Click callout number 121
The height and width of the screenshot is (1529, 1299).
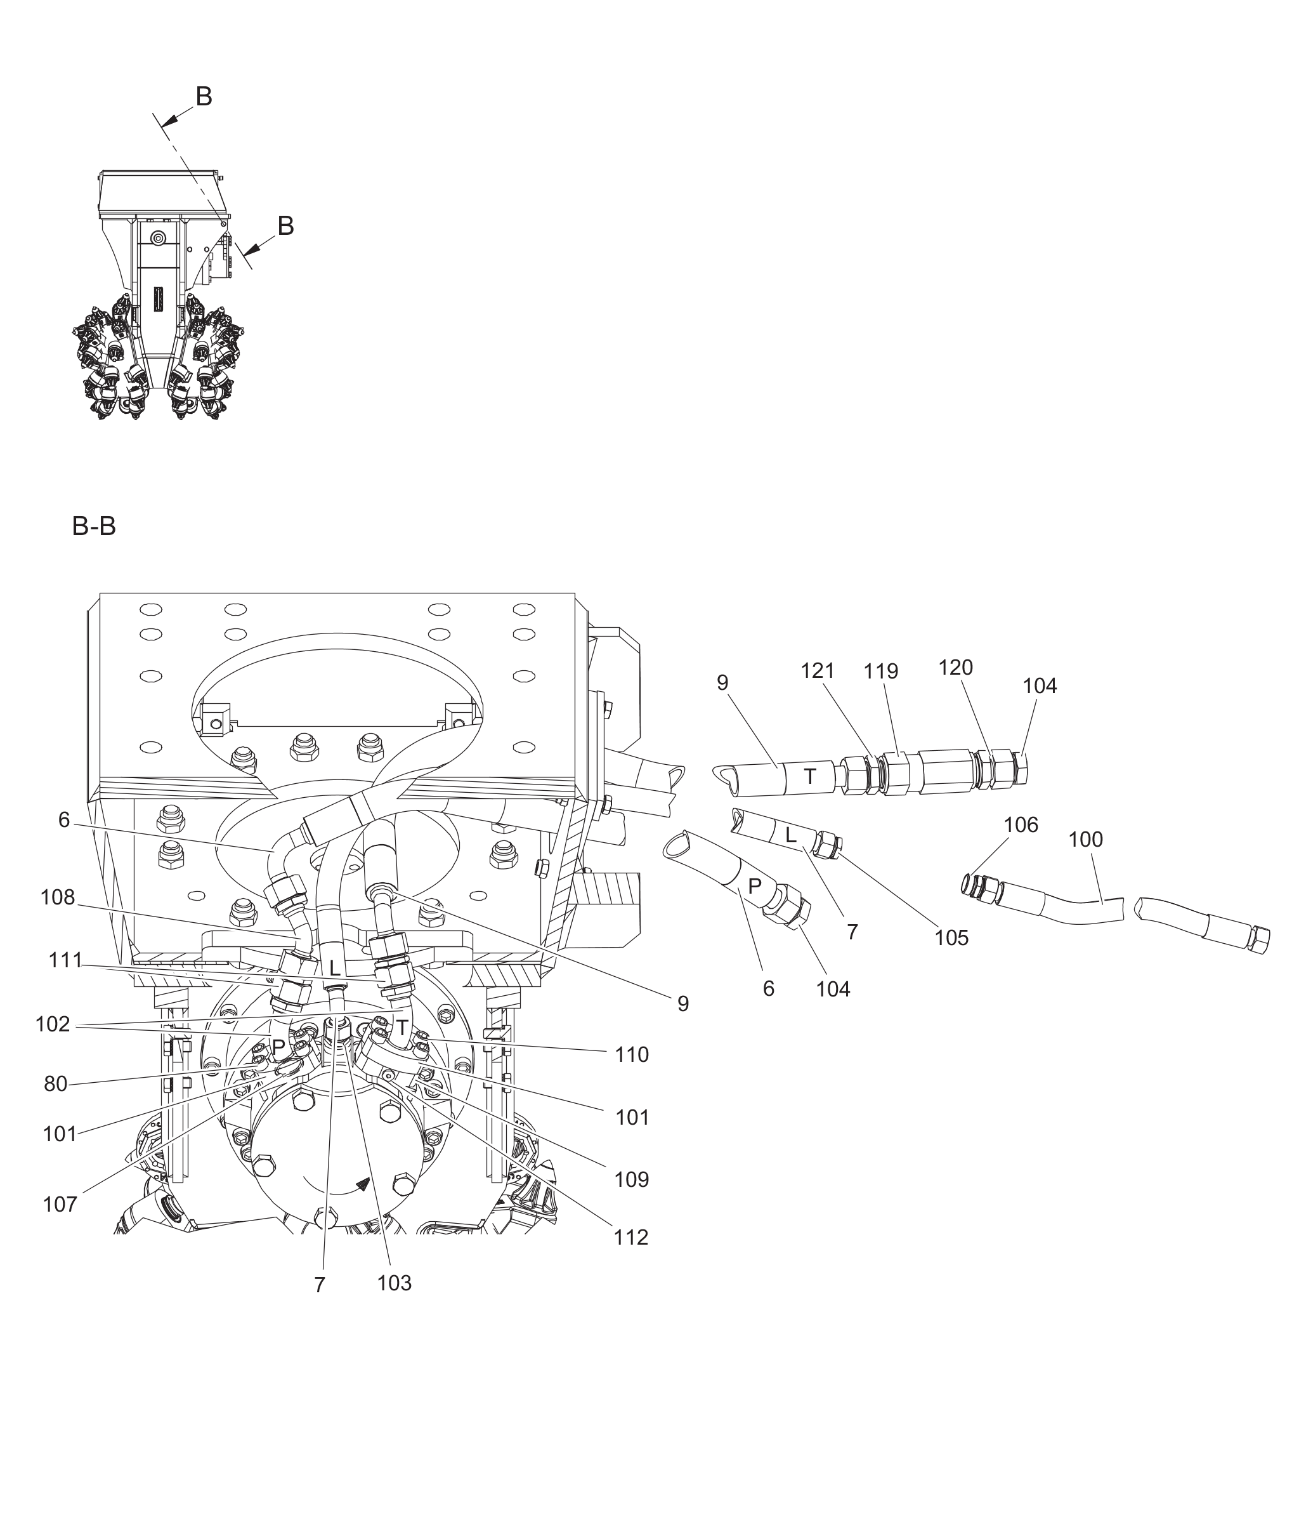[818, 672]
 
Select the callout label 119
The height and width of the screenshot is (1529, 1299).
[881, 672]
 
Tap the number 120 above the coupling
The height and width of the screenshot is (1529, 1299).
[955, 668]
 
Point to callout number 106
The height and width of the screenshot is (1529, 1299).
[1021, 825]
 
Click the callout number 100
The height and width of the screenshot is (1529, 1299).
[1085, 840]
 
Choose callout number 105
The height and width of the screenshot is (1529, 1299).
[951, 938]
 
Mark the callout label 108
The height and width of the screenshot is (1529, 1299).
[58, 897]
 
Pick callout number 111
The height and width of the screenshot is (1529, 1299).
[65, 961]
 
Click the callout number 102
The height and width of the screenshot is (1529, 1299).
[52, 1024]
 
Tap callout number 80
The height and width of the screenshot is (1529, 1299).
[56, 1084]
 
